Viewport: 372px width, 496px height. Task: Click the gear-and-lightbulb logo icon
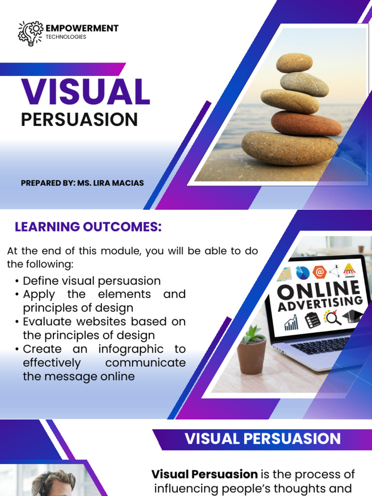click(x=31, y=33)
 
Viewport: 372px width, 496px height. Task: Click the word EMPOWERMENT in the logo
click(x=82, y=28)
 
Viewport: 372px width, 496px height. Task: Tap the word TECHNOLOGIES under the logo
click(x=66, y=37)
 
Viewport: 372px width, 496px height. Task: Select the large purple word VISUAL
click(x=85, y=91)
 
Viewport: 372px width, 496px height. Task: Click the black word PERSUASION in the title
click(x=79, y=120)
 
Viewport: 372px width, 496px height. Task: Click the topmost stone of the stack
click(x=294, y=62)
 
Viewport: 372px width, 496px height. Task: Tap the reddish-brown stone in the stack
click(x=306, y=124)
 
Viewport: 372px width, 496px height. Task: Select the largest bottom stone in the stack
click(x=290, y=148)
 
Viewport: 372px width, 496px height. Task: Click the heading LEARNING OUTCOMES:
click(x=88, y=227)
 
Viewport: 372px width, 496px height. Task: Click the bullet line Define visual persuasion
click(x=92, y=281)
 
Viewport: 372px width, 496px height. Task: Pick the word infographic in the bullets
click(x=131, y=349)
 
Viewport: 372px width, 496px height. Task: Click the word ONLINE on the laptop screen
click(x=319, y=290)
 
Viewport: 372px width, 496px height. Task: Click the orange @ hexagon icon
click(x=320, y=272)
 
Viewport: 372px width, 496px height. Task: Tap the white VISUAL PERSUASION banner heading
click(x=263, y=439)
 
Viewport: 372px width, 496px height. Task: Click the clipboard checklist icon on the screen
click(x=312, y=320)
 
